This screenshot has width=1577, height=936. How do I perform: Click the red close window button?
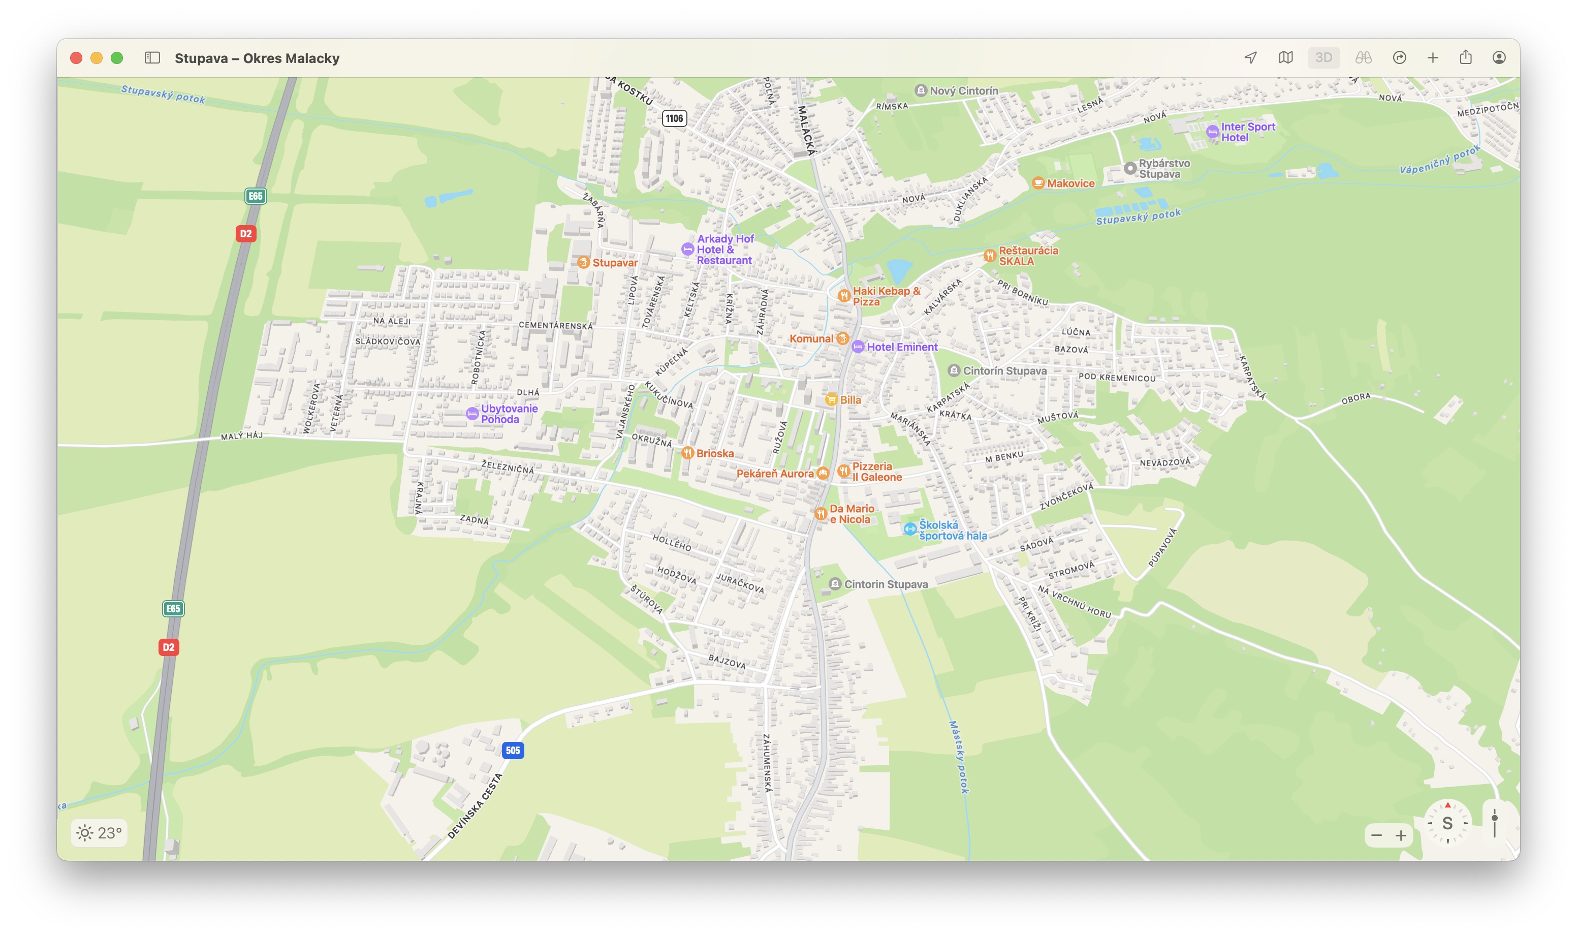[76, 58]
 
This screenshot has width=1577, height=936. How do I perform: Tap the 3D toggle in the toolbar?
[1323, 58]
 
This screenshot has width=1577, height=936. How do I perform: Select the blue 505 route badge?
[513, 750]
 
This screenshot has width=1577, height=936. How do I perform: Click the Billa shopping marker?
[831, 399]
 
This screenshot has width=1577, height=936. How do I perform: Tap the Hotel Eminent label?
[902, 347]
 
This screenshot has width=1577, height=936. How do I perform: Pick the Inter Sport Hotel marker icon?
[1212, 132]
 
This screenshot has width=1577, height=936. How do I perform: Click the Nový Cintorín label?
[963, 91]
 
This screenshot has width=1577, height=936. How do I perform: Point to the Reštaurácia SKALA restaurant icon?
[989, 256]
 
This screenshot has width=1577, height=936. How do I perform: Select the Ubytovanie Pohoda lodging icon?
[471, 414]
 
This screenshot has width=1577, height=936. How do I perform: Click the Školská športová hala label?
[952, 530]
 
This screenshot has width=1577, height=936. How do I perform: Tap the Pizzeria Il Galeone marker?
[843, 471]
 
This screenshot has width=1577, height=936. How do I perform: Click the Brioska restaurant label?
[714, 453]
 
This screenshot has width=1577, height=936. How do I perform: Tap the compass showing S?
[1447, 823]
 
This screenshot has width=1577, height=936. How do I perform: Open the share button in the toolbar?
[1465, 58]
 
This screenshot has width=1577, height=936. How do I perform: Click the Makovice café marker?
[1038, 183]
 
